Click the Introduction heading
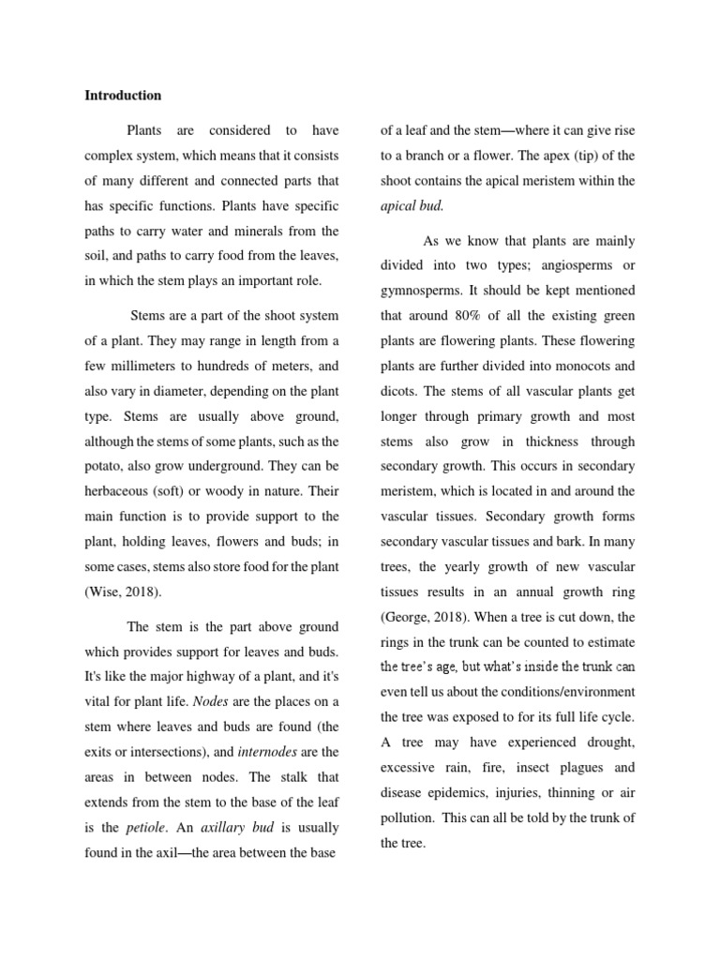click(123, 96)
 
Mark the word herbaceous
click(118, 491)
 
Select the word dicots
click(397, 390)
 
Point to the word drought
click(609, 742)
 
